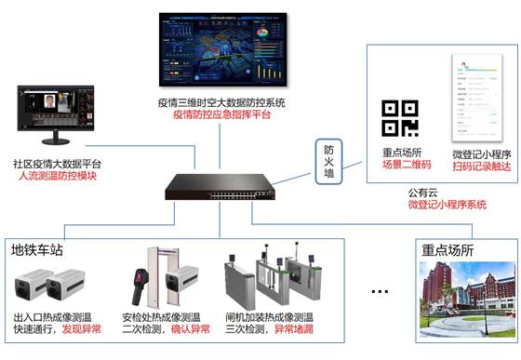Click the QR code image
401,117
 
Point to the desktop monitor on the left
51,114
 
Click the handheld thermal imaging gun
140,278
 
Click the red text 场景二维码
407,166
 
